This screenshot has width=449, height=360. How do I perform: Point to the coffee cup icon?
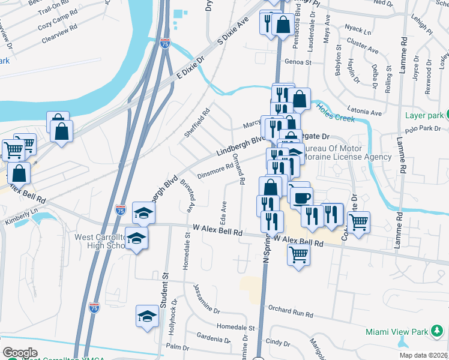[302, 197]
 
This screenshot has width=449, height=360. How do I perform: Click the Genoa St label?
[298, 62]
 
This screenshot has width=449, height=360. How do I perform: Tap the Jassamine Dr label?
[207, 298]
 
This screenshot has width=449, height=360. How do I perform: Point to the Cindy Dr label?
[278, 342]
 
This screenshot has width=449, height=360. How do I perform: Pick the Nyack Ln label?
[358, 28]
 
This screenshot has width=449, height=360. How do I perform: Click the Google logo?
[20, 353]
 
